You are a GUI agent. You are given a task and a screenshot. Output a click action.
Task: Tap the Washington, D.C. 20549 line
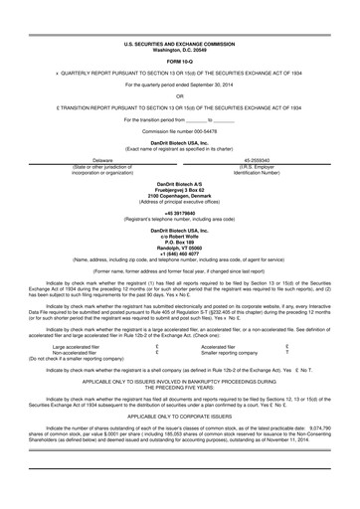tap(180, 50)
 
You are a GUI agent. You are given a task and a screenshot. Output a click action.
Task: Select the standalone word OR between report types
tap(180, 96)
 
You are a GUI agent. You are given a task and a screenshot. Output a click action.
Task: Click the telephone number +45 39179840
tap(180, 212)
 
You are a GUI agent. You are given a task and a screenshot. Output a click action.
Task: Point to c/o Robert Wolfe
tap(180, 235)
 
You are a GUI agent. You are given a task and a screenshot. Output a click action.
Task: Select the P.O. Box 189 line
tap(180, 241)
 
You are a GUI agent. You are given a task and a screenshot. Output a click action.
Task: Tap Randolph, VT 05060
tap(180, 247)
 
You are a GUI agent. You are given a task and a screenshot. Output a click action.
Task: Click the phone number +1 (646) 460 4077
tap(180, 253)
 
